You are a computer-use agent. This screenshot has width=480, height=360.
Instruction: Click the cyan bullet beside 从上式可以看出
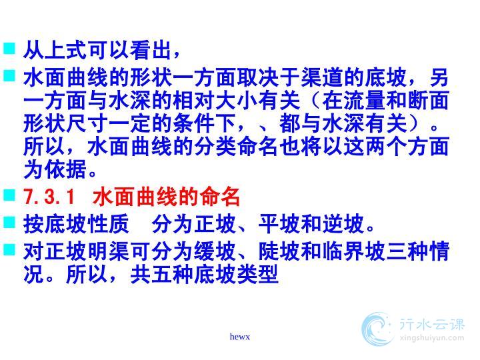click(x=9, y=49)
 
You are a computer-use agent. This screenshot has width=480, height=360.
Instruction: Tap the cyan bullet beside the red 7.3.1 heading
click(x=9, y=195)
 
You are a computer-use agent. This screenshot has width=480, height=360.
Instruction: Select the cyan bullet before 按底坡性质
click(x=9, y=222)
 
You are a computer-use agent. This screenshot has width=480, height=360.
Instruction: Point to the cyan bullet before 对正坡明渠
click(x=9, y=249)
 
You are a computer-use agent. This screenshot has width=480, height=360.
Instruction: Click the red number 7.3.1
click(x=49, y=197)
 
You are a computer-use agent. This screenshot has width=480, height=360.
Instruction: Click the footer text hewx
click(x=240, y=337)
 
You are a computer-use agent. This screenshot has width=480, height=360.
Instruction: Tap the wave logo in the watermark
click(x=377, y=329)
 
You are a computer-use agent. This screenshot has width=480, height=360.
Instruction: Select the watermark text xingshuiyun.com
click(x=432, y=338)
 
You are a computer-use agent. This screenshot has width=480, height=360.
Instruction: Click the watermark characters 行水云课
click(x=432, y=324)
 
